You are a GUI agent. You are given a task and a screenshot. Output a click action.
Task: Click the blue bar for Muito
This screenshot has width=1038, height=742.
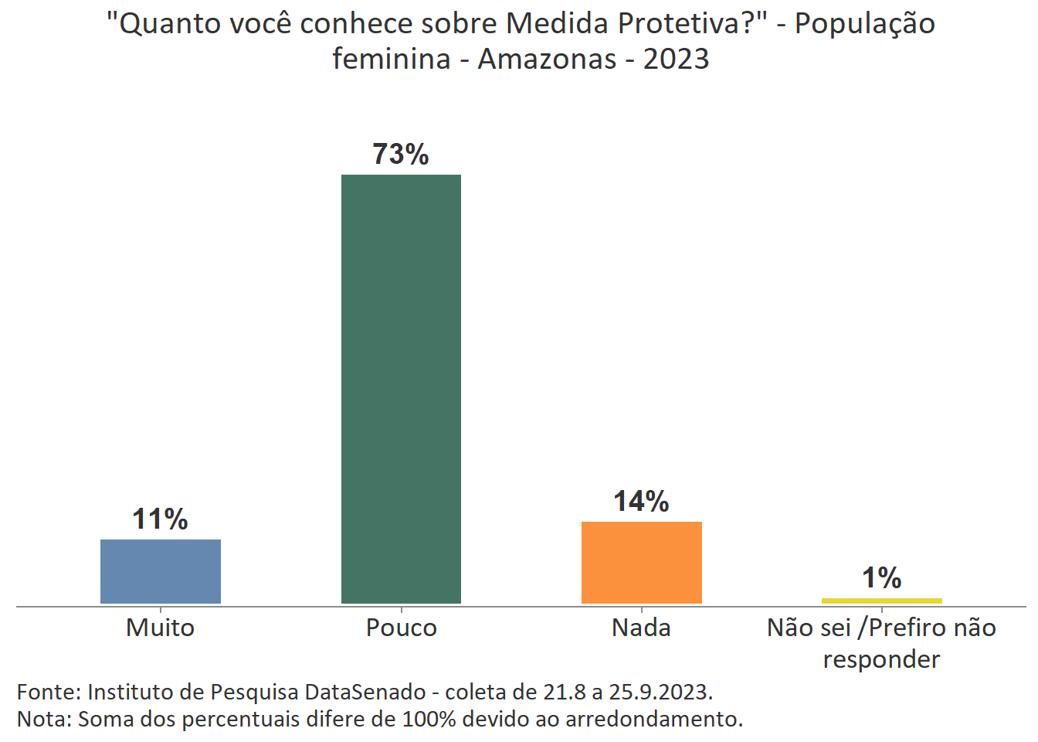[161, 571]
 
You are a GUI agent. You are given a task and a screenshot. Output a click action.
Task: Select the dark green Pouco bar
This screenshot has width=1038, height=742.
[401, 389]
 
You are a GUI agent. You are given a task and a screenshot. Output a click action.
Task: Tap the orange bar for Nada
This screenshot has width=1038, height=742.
[641, 562]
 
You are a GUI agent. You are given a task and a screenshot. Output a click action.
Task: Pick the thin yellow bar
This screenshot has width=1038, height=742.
[881, 601]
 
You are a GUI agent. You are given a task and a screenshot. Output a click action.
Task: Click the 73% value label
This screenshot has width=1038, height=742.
[401, 155]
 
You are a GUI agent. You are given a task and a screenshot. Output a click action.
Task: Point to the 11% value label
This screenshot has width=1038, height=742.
[161, 519]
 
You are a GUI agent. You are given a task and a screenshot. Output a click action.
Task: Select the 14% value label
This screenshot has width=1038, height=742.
[641, 502]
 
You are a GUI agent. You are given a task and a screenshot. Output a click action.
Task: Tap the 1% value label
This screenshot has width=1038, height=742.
[881, 578]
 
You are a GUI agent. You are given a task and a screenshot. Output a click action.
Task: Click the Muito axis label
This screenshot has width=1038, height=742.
[161, 628]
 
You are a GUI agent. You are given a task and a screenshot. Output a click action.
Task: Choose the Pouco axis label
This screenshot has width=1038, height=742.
[401, 628]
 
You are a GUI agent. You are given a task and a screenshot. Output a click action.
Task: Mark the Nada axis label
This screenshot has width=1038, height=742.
[641, 628]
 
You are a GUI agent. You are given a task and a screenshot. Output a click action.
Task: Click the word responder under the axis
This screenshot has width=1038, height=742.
[881, 659]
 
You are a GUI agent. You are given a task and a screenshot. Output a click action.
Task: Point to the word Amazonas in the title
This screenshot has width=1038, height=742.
[547, 59]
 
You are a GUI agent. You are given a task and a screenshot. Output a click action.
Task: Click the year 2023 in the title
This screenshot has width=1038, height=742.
[676, 59]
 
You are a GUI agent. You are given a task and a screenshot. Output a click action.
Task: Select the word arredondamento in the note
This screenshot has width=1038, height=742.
[653, 719]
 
